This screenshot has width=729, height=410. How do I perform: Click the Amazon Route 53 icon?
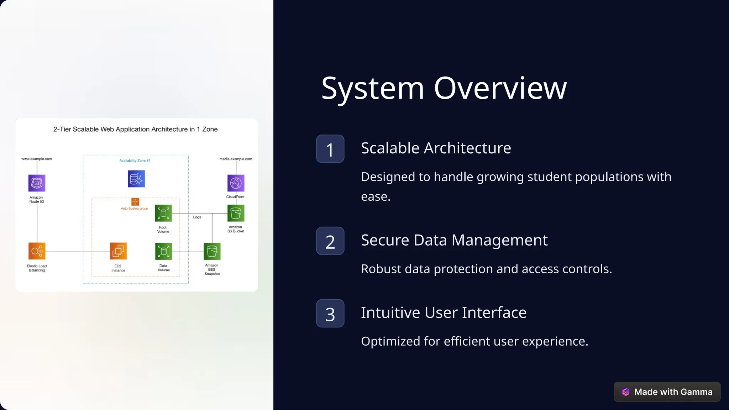(x=37, y=183)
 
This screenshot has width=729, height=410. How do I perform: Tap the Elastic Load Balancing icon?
(x=37, y=251)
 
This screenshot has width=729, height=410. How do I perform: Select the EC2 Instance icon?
(x=118, y=251)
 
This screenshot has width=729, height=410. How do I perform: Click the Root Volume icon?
(x=163, y=213)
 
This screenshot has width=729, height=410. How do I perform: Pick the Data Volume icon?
(x=163, y=251)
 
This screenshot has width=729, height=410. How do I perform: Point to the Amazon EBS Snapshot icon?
(x=212, y=251)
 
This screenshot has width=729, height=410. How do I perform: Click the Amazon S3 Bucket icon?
(x=236, y=213)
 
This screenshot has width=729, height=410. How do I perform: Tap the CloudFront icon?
(x=236, y=183)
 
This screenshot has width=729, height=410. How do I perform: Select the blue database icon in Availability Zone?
(x=136, y=179)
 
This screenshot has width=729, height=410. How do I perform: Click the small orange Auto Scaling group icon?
(x=135, y=202)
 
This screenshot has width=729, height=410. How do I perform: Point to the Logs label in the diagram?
(x=197, y=217)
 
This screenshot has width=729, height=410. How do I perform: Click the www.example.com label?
(x=37, y=159)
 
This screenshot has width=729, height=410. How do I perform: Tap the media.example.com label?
(x=236, y=159)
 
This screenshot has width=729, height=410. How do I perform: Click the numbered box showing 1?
(x=330, y=149)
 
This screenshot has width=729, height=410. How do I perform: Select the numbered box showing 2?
(x=330, y=241)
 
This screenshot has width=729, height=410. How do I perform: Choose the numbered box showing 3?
(x=330, y=313)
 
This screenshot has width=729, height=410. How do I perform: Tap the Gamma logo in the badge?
(x=625, y=392)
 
